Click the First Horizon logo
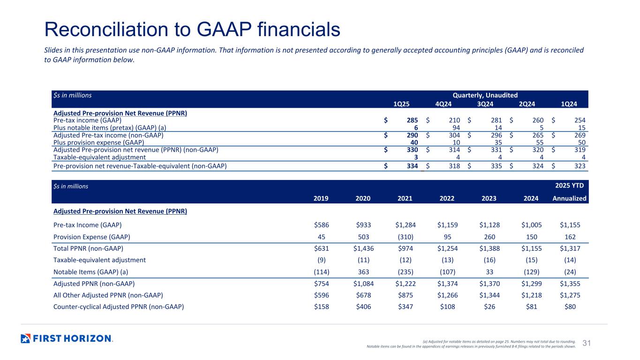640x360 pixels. point(67,338)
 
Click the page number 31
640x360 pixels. point(586,344)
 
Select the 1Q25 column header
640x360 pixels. point(400,104)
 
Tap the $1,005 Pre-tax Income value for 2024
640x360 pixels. point(531,225)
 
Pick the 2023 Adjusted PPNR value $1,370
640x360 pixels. point(488,284)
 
